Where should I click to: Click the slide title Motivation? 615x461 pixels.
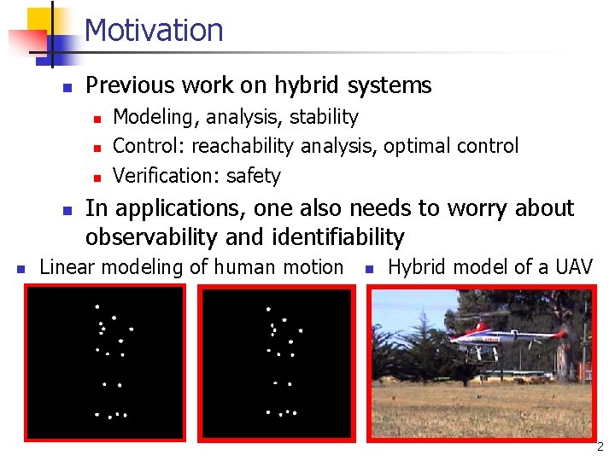154,30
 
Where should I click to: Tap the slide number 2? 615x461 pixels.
600,446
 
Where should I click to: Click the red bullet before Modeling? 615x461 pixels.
97,118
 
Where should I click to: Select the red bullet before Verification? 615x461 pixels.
97,178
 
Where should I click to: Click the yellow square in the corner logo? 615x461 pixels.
39,19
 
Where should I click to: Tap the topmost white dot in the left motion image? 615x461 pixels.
97,306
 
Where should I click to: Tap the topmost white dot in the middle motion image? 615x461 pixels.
269,308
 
